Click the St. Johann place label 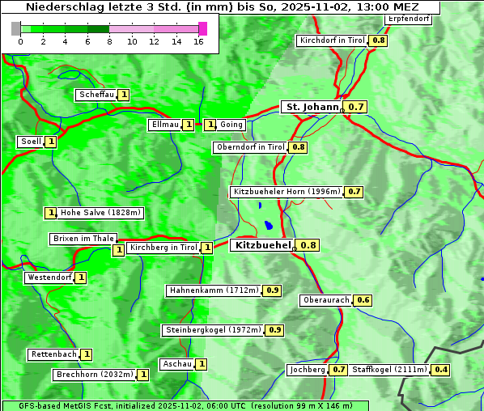[x=312, y=107]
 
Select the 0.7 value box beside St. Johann [x=356, y=107]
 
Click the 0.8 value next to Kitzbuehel [x=308, y=245]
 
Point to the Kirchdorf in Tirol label [x=333, y=40]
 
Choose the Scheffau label [x=96, y=95]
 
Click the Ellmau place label [x=164, y=125]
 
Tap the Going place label [x=231, y=125]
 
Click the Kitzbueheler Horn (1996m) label [x=287, y=192]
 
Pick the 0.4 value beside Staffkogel [x=440, y=370]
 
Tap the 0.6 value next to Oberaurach [x=363, y=300]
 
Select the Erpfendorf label [x=408, y=19]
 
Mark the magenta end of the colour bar [x=202, y=28]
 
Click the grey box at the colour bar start [x=16, y=28]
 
